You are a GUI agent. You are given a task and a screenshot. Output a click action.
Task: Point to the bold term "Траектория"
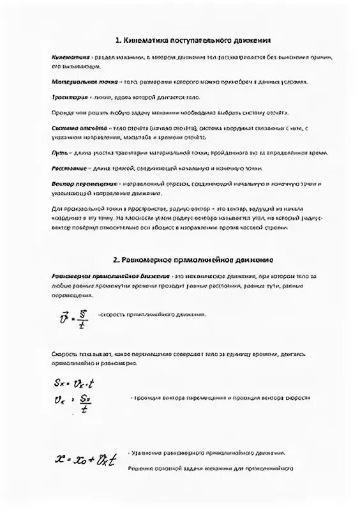69,98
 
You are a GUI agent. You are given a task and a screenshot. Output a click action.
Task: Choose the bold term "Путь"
59,153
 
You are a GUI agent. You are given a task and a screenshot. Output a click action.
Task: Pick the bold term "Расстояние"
69,169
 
